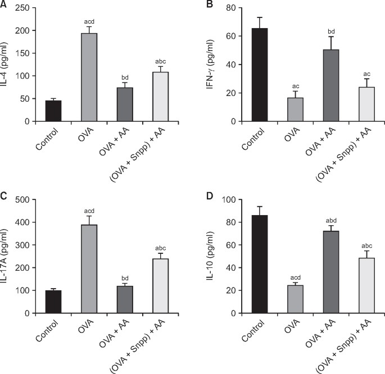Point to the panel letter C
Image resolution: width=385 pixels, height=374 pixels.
[x=4, y=197]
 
